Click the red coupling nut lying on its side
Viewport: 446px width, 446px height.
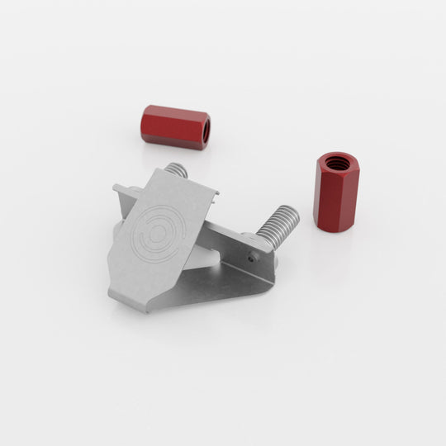tap(175, 126)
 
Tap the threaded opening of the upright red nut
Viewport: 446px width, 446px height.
tap(336, 161)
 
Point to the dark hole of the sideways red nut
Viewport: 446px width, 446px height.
tap(203, 129)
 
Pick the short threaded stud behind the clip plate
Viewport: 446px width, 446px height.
tap(175, 171)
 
